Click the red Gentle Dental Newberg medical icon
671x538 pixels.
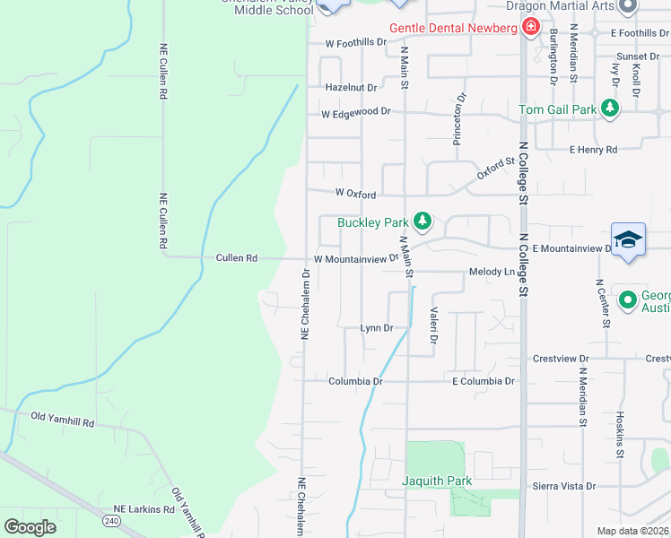coord(530,28)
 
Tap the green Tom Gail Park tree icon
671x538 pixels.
coord(610,109)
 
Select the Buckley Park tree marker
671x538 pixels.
coord(421,221)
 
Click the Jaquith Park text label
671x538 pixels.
coord(436,482)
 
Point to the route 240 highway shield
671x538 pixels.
coord(111,520)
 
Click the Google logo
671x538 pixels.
coord(30,526)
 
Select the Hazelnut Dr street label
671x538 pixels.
coord(351,88)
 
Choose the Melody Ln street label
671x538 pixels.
coord(490,272)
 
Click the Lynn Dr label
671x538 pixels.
coord(377,328)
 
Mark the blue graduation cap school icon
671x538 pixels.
coord(628,239)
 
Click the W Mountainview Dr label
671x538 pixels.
coord(356,259)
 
